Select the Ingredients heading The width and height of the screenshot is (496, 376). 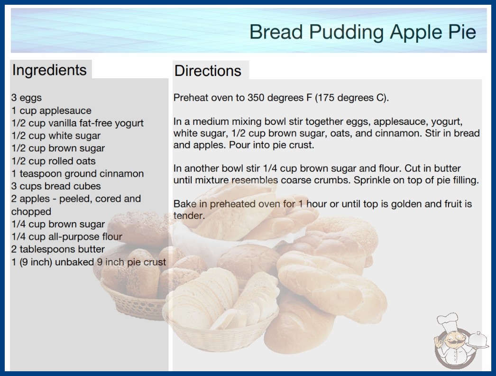tap(49, 70)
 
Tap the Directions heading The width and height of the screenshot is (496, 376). tap(208, 71)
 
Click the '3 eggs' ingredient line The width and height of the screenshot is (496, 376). tap(27, 98)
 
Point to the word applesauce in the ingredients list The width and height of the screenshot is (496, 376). tap(65, 111)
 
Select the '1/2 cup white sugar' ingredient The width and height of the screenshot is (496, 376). tap(56, 136)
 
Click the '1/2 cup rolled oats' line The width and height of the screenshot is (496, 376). tap(54, 161)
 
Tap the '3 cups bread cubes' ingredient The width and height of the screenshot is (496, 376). tap(56, 186)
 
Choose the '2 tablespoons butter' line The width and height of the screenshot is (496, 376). tap(58, 249)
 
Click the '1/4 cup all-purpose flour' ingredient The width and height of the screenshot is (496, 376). tap(67, 236)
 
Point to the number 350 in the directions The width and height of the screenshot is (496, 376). tap(256, 98)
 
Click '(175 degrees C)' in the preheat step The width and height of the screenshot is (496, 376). tap(352, 98)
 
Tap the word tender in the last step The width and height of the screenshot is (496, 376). tap(189, 216)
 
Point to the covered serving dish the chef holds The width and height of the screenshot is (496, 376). tap(478, 340)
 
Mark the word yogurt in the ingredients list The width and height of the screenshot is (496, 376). tap(129, 123)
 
